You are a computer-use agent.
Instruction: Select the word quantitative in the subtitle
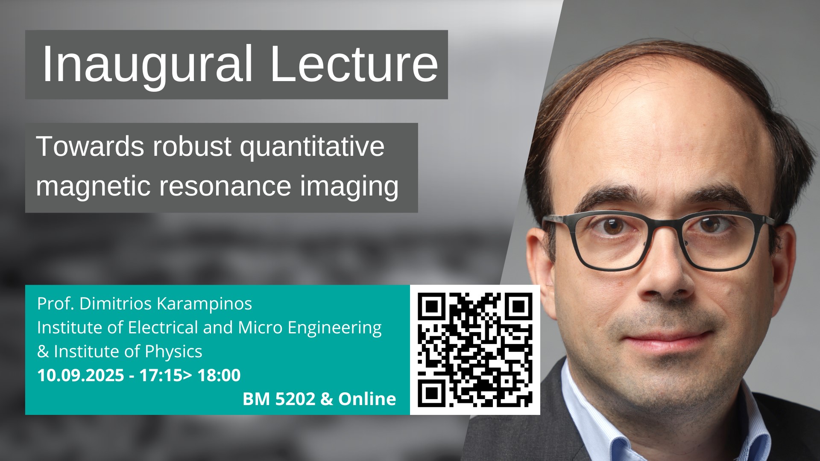click(312, 147)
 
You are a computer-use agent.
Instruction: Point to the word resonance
click(225, 187)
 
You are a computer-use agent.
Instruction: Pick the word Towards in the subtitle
click(90, 146)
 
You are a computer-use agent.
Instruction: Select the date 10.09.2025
click(81, 376)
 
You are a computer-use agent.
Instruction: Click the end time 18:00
click(219, 376)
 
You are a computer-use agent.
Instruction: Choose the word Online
click(367, 399)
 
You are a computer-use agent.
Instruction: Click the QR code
click(475, 350)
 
